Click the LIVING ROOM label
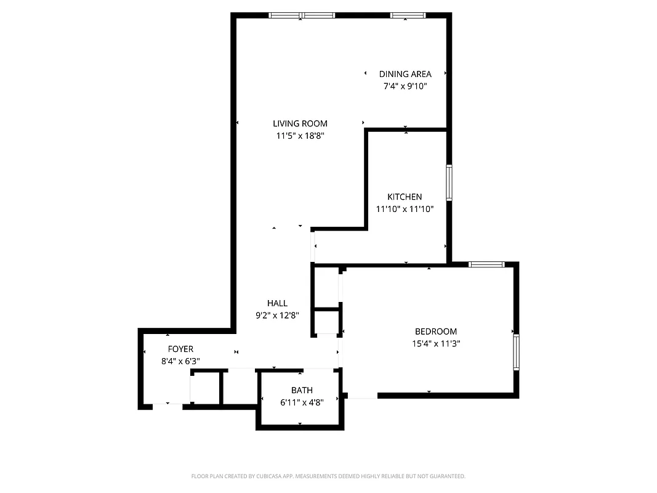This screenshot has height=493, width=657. pyautogui.click(x=300, y=123)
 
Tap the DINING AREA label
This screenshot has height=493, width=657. pyautogui.click(x=405, y=74)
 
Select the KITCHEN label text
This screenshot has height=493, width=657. pyautogui.click(x=405, y=197)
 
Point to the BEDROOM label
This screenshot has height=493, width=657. pyautogui.click(x=436, y=331)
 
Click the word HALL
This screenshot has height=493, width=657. pyautogui.click(x=277, y=303)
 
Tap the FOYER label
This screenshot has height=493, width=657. pyautogui.click(x=180, y=349)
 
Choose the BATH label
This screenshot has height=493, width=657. pyautogui.click(x=302, y=390)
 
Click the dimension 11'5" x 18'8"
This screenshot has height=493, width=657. pyautogui.click(x=300, y=136)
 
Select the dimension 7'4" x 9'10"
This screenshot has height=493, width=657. pyautogui.click(x=405, y=87)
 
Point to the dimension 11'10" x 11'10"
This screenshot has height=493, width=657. pyautogui.click(x=405, y=210)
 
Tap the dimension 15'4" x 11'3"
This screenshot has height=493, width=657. pyautogui.click(x=436, y=344)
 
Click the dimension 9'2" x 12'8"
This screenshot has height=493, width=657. pyautogui.click(x=277, y=316)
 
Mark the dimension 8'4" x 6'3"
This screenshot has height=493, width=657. pyautogui.click(x=180, y=362)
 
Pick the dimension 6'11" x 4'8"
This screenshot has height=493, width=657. pyautogui.click(x=302, y=403)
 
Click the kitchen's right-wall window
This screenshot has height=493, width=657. pyautogui.click(x=449, y=182)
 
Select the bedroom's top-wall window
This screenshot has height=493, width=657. pyautogui.click(x=486, y=264)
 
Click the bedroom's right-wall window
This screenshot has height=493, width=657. pyautogui.click(x=516, y=352)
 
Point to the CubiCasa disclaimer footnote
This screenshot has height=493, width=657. pyautogui.click(x=328, y=476)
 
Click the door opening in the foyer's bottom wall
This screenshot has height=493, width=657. pyautogui.click(x=167, y=405)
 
